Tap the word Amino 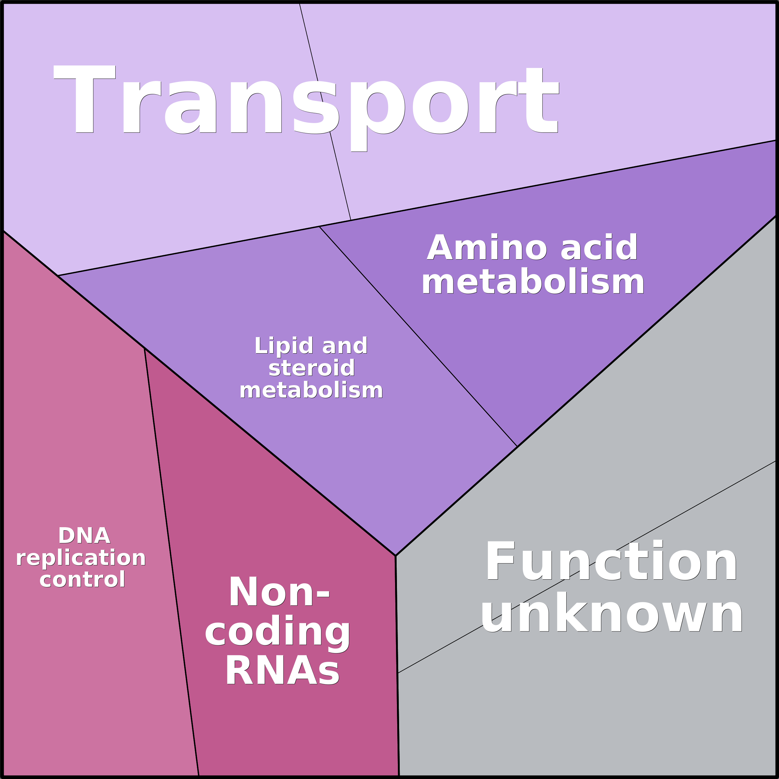[x=487, y=247]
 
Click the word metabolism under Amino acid [x=533, y=282]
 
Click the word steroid [x=312, y=368]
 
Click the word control [x=82, y=579]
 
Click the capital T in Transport [x=85, y=99]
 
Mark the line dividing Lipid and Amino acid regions [x=418, y=336]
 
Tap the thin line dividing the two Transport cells [x=325, y=112]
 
